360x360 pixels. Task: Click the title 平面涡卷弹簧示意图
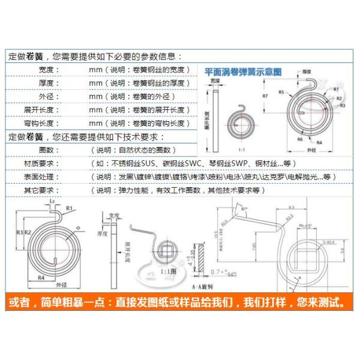(243, 70)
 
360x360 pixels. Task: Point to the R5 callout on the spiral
(281, 91)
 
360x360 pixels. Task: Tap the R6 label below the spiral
(299, 139)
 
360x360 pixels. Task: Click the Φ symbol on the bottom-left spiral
(77, 227)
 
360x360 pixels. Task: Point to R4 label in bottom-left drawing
(43, 277)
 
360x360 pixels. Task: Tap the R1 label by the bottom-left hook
(70, 208)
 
